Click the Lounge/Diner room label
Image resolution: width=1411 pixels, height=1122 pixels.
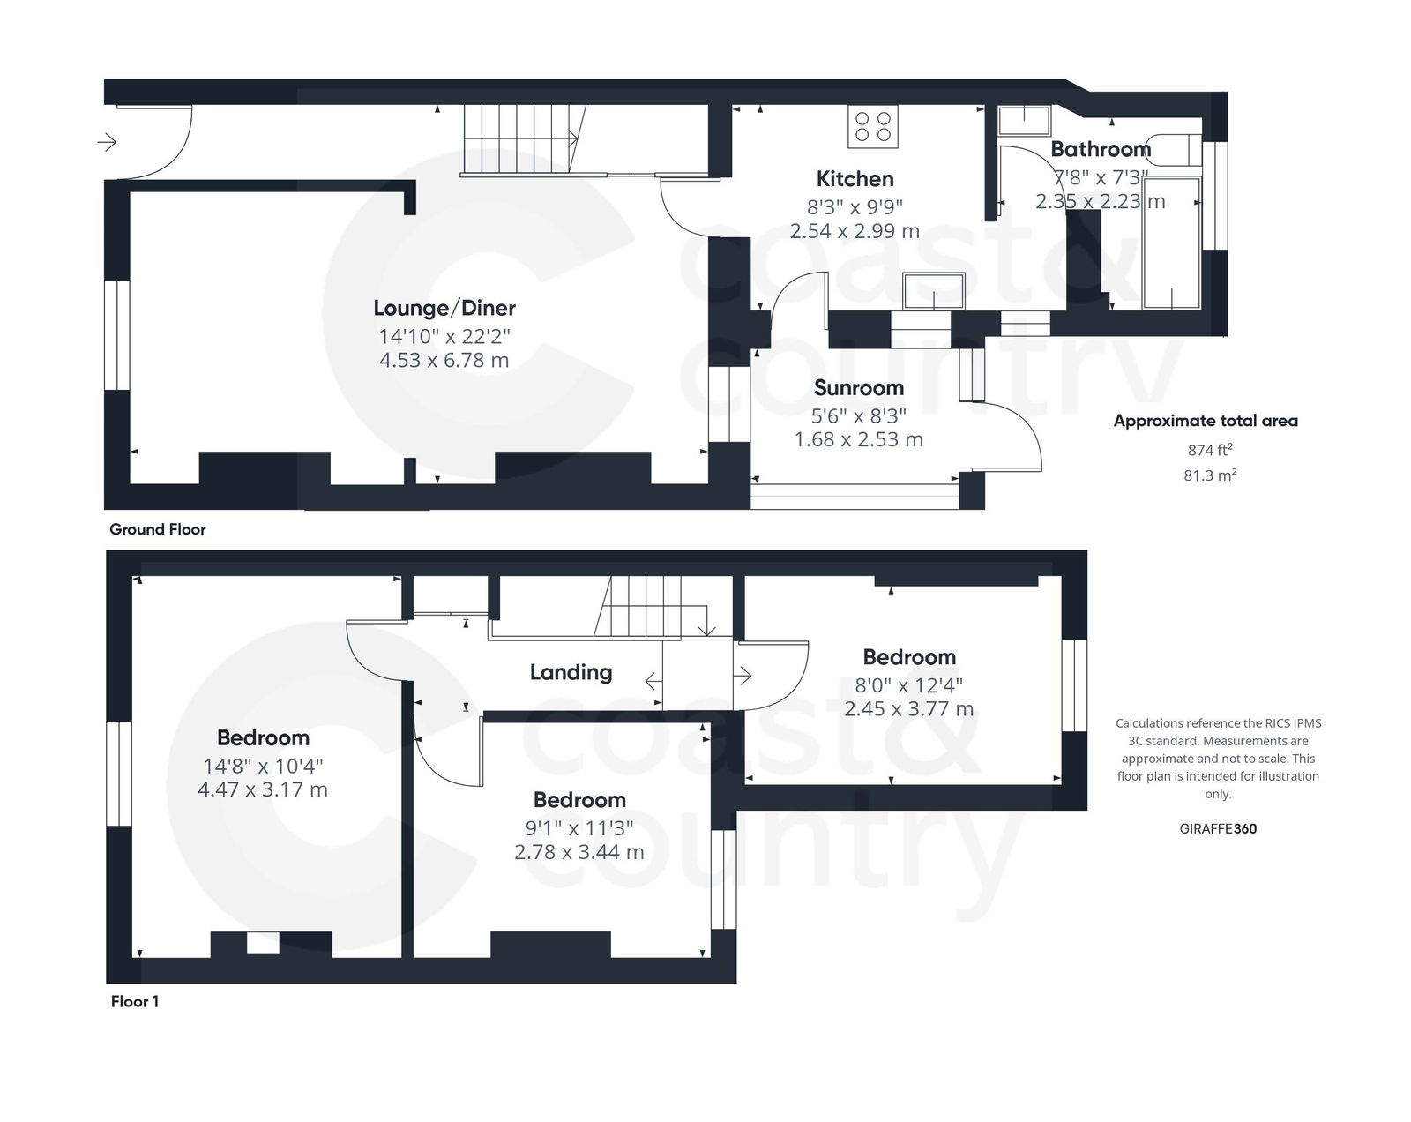pyautogui.click(x=444, y=308)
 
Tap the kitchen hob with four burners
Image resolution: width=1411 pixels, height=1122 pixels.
pyautogui.click(x=873, y=126)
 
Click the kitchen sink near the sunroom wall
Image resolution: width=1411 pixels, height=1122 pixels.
pyautogui.click(x=934, y=290)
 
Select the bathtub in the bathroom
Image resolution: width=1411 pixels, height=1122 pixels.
pyautogui.click(x=1171, y=243)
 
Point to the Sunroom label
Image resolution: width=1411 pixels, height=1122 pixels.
pyautogui.click(x=858, y=388)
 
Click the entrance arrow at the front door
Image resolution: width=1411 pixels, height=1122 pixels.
pyautogui.click(x=107, y=141)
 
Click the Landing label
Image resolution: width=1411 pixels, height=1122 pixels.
pyautogui.click(x=571, y=672)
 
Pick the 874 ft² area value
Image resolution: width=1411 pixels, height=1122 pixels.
pyautogui.click(x=1209, y=450)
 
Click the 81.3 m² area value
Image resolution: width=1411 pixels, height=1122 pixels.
pyautogui.click(x=1209, y=475)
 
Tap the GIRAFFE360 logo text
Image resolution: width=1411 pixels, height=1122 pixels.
pyautogui.click(x=1217, y=828)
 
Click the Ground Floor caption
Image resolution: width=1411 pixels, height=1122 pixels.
pyautogui.click(x=157, y=529)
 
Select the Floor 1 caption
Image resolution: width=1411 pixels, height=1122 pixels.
pyautogui.click(x=134, y=1001)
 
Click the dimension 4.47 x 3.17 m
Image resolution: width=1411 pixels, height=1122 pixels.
pyautogui.click(x=263, y=789)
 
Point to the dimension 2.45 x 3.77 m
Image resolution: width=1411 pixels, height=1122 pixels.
pyautogui.click(x=908, y=708)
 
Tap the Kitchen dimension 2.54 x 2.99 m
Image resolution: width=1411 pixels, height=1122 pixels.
pyautogui.click(x=855, y=231)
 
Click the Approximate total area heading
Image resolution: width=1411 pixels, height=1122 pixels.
pyautogui.click(x=1205, y=421)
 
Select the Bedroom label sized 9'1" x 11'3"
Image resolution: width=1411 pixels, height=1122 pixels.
pyautogui.click(x=579, y=800)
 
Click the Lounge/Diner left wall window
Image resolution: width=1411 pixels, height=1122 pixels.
pyautogui.click(x=117, y=334)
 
